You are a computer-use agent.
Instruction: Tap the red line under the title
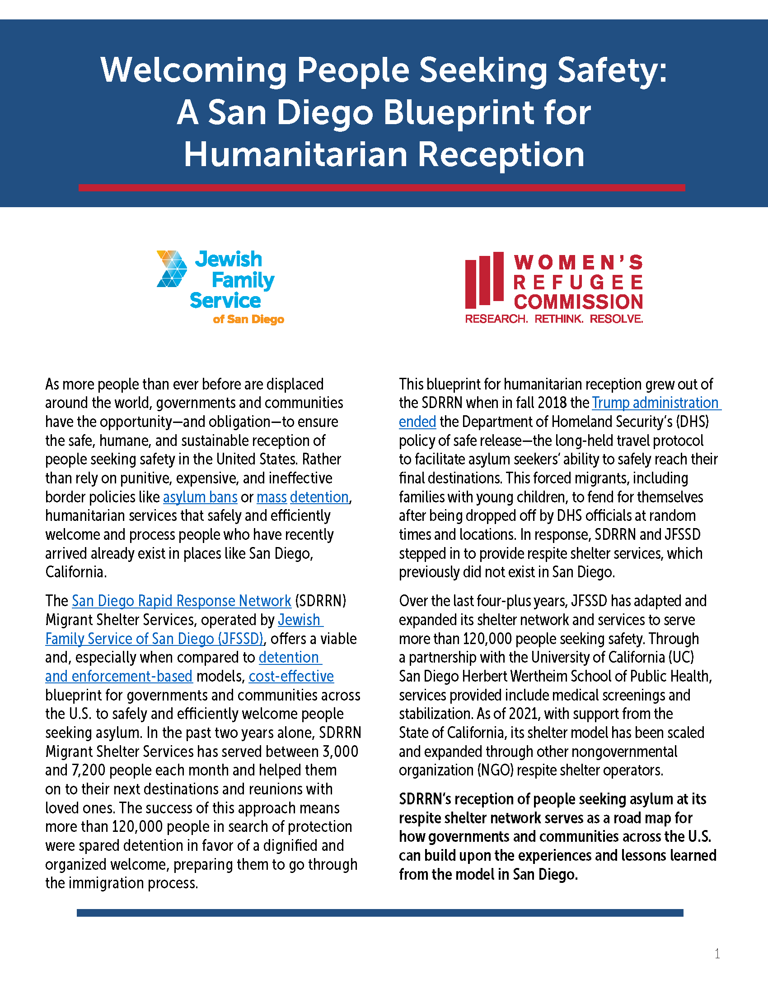point(381,188)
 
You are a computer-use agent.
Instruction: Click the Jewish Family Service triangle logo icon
point(172,269)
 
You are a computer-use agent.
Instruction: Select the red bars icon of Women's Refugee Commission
point(485,280)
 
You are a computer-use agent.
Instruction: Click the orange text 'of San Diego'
point(248,319)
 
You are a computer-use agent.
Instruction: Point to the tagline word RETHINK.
point(559,319)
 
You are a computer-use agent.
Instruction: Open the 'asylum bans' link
point(200,497)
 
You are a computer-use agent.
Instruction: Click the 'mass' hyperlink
point(272,497)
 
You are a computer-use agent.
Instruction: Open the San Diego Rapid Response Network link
point(182,601)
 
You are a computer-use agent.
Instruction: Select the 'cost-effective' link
point(291,676)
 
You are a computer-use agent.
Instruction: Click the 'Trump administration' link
point(655,403)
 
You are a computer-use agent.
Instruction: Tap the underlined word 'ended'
point(417,422)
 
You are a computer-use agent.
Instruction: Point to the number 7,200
point(82,770)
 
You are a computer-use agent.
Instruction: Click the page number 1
point(717,953)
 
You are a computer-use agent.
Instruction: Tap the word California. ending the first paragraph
point(76,572)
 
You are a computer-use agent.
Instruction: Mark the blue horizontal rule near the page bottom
point(380,913)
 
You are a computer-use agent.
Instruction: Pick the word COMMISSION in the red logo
point(578,302)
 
